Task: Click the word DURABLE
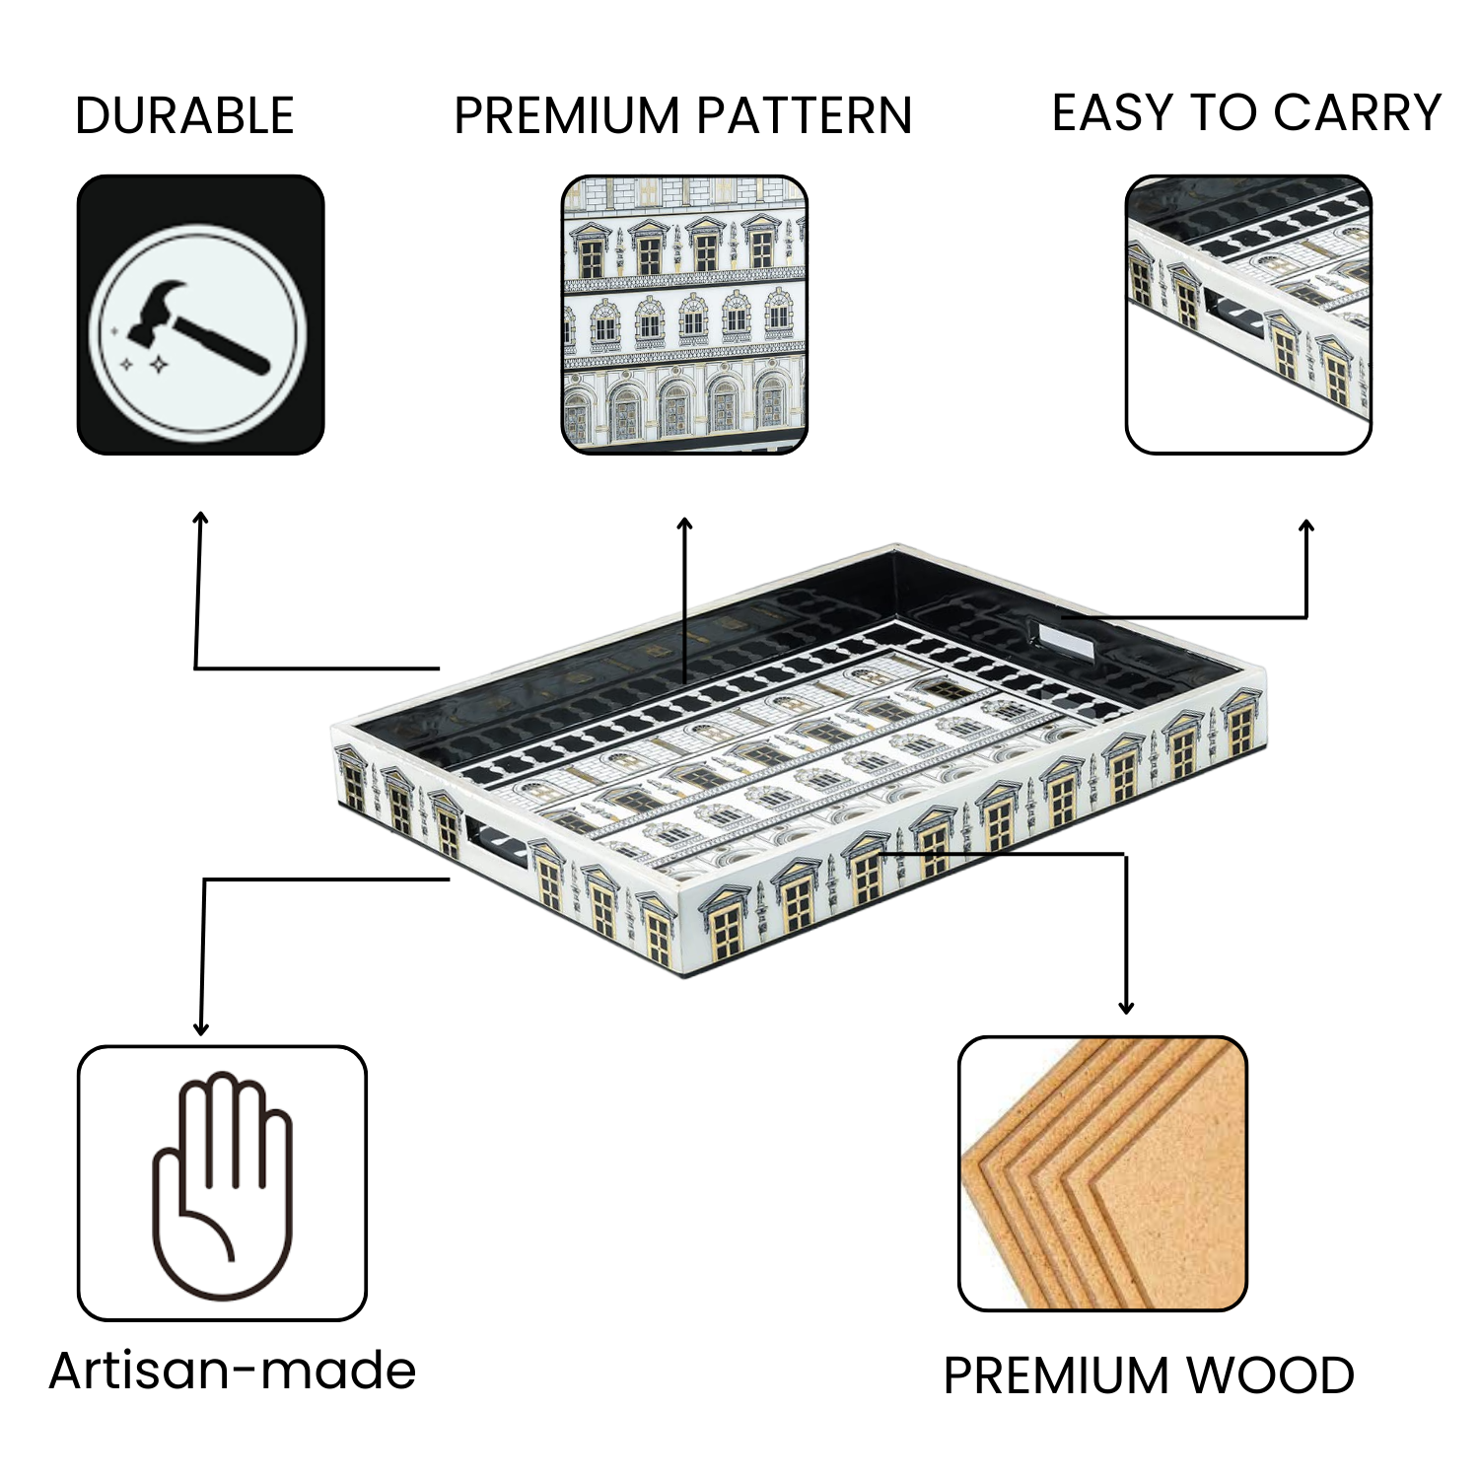(184, 116)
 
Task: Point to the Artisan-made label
(233, 1370)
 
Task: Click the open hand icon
(222, 1183)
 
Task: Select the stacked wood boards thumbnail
(1102, 1173)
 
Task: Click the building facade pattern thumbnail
(684, 315)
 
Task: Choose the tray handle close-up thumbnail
(1248, 315)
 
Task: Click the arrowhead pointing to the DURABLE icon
(200, 519)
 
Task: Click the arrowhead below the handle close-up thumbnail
(1306, 527)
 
